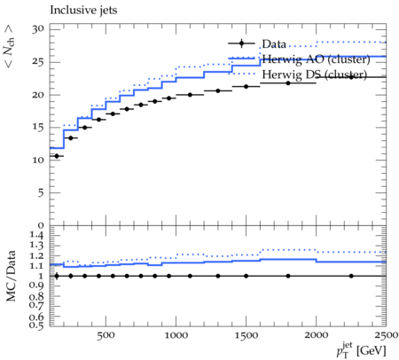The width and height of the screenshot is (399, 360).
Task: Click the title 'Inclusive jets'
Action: pos(83,11)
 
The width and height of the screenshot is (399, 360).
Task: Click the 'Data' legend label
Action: pos(274,44)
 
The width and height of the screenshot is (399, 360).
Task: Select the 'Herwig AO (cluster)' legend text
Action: pos(316,59)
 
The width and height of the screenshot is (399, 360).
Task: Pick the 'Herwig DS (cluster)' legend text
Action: pos(315,74)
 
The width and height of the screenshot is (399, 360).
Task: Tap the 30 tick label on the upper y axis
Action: pos(38,29)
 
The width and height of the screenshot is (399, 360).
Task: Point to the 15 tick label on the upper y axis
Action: pos(38,128)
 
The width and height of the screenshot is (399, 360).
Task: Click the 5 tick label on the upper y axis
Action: pos(41,192)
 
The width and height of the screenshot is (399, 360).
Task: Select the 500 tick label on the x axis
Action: pos(106,335)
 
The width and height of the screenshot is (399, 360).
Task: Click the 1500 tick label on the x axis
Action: pos(246,335)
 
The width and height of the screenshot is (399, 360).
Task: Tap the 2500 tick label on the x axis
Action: pos(386,335)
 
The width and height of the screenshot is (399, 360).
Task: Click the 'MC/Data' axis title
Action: pos(11,276)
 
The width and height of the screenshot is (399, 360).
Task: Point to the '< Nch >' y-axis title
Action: pos(9,46)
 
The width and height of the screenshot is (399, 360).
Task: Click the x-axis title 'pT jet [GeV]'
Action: pos(361,350)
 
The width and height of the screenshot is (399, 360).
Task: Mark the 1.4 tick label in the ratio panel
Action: pos(36,236)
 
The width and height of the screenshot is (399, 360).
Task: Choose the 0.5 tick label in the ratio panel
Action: pos(36,325)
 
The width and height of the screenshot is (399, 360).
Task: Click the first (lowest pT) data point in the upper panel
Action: pos(57,156)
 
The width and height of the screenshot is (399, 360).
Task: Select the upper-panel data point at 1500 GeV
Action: pos(246,87)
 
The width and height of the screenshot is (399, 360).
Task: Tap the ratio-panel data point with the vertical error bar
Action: pos(57,276)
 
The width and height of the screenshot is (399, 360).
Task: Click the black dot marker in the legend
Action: pos(241,43)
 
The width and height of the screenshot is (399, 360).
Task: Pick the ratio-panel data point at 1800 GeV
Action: pos(288,276)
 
